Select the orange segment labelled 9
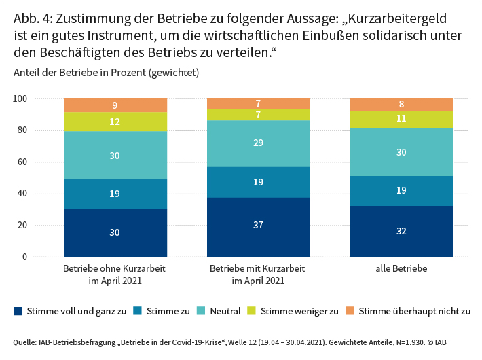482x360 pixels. coord(115,105)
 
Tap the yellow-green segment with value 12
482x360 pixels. coord(115,122)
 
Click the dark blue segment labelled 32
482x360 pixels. coord(401,231)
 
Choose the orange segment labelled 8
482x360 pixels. coord(401,105)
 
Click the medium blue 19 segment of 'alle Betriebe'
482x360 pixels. coord(401,191)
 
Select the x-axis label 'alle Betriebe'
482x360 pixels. coord(401,270)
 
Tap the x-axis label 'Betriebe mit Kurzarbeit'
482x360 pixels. coord(258,270)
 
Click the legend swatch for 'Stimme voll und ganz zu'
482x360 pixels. coord(18,312)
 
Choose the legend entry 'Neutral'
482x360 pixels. coord(225,312)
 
